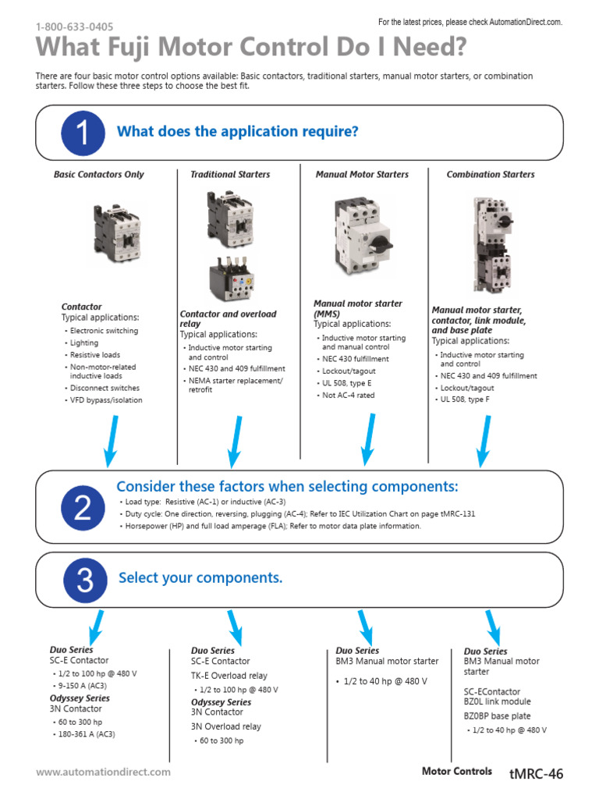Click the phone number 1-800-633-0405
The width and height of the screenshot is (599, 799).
point(74,27)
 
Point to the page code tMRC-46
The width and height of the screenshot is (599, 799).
point(535,774)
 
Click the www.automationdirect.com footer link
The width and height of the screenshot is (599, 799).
point(103,772)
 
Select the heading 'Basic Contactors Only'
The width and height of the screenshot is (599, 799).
point(99,175)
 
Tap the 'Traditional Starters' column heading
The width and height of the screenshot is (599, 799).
point(230,175)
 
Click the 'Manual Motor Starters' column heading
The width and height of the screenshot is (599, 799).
point(362,175)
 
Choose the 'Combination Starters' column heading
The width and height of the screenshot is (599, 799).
point(491,175)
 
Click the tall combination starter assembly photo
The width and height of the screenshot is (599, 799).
point(493,243)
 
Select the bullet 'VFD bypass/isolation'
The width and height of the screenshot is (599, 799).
point(106,400)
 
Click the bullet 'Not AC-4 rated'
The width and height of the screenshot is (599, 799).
point(349,396)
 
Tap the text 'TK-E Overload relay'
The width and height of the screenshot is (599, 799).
point(229,676)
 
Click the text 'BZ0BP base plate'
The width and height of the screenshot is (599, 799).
point(497,716)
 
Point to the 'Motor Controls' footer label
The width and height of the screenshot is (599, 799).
point(456,772)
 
